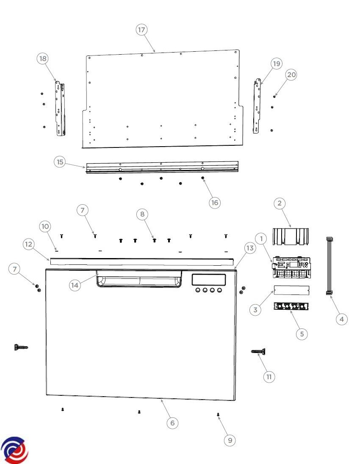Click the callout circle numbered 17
(142, 30)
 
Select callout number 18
(43, 58)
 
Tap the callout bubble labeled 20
(291, 75)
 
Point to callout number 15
(60, 162)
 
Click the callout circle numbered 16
(214, 203)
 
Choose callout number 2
(280, 203)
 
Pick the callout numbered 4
(342, 319)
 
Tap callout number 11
(269, 377)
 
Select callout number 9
(230, 440)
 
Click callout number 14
(75, 285)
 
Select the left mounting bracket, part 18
(60, 108)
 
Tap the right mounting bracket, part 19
(257, 106)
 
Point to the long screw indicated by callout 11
(258, 352)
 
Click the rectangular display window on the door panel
(208, 280)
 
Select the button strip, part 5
(291, 306)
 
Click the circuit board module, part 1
(291, 267)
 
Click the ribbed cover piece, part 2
(291, 236)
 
